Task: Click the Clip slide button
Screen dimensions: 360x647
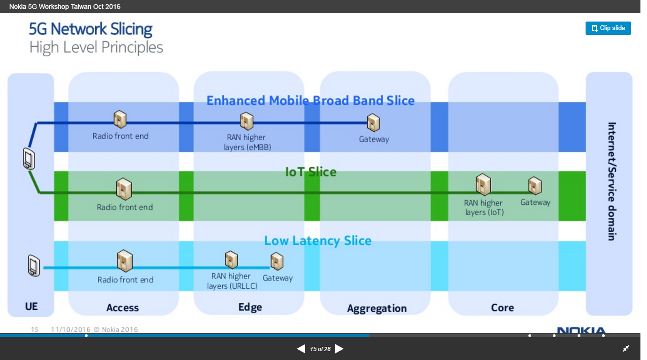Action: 608,28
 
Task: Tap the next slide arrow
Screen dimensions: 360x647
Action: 339,349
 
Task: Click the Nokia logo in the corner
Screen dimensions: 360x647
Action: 581,331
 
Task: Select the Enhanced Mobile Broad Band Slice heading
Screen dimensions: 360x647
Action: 310,101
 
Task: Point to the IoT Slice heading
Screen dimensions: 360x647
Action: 310,172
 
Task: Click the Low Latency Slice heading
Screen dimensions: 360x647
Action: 317,241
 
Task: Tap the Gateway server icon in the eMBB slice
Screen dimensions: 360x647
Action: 373,123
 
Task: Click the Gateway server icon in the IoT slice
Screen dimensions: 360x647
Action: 535,186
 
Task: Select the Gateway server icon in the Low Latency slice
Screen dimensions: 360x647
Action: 277,262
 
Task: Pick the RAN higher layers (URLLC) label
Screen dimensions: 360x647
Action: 232,281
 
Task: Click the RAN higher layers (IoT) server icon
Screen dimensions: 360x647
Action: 483,185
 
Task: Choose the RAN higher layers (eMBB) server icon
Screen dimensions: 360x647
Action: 247,121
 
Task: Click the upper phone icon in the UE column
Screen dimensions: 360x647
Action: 29,158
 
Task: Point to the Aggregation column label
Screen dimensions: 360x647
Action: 376,308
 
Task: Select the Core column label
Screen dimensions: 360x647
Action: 502,308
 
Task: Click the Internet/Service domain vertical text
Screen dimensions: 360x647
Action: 611,181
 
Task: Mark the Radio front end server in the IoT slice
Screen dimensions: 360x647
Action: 124,189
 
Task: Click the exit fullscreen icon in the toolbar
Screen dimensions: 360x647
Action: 626,348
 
